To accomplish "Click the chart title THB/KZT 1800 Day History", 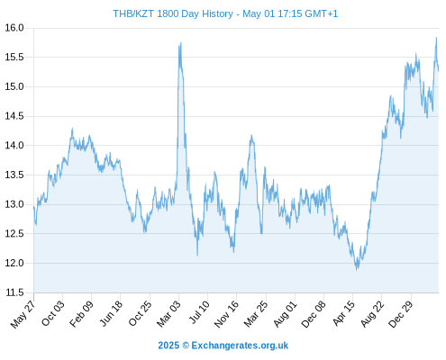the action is tap(173, 13).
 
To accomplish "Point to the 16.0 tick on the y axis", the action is tap(14, 28).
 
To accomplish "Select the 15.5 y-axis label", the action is tap(14, 57).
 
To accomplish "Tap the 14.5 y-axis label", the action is tap(14, 116).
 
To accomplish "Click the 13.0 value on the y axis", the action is tap(14, 204).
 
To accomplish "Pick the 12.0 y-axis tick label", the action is tap(14, 263).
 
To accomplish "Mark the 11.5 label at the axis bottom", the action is tap(14, 292).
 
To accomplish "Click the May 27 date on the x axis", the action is tap(23, 314).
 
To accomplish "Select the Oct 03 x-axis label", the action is tap(52, 313).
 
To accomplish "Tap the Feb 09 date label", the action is tap(81, 314).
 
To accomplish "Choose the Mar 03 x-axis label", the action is tap(168, 314).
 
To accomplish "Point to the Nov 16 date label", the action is tap(226, 314).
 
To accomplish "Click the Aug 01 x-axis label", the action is tap(285, 314).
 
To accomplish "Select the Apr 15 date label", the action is tap(343, 313).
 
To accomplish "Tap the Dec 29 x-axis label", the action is tap(401, 314).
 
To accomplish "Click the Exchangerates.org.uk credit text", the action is tap(240, 346).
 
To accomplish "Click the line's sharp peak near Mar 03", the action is tap(181, 42).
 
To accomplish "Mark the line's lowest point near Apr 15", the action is tap(357, 270).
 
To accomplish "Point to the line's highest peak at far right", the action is tap(436, 38).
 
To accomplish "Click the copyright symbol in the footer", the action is tap(186, 346).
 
